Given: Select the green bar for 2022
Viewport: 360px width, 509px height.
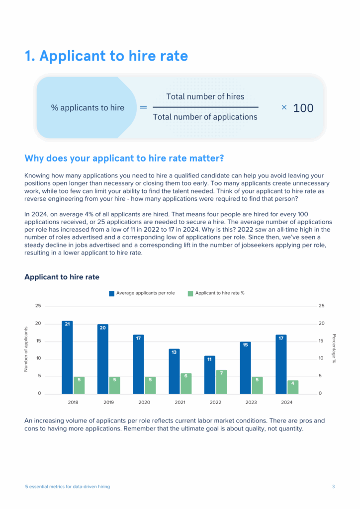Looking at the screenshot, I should (x=221, y=382).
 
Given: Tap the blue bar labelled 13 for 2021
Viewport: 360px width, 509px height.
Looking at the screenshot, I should (x=174, y=371).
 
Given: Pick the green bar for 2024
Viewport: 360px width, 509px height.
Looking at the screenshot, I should (x=293, y=387).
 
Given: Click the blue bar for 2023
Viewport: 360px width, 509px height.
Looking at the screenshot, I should (x=245, y=368).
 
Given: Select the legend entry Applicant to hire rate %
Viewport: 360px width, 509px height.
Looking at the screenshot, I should (x=219, y=293).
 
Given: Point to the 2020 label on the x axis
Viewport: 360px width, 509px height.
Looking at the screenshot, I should (x=144, y=402).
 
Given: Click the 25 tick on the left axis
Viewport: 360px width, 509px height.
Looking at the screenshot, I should (x=38, y=306).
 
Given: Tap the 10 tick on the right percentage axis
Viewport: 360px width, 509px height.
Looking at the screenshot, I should (x=321, y=358).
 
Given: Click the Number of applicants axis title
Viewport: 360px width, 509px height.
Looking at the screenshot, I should (x=26, y=349).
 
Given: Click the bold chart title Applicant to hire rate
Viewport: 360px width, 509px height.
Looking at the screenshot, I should (x=62, y=277).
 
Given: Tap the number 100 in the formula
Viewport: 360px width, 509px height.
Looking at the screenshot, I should (x=303, y=108).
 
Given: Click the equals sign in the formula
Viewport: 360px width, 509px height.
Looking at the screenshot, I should (x=143, y=107).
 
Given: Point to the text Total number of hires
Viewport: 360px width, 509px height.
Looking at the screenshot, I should (x=205, y=96).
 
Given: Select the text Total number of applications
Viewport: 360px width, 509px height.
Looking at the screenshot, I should (x=205, y=117).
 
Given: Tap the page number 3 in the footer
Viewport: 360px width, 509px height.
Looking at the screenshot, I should (x=334, y=487).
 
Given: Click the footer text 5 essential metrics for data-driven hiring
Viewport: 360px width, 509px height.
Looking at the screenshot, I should (x=68, y=487).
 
